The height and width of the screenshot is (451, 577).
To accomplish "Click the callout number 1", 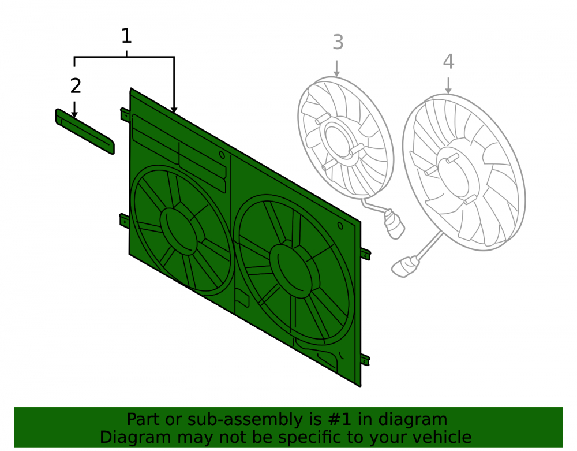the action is [126, 36].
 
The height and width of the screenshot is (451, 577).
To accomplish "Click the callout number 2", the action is [76, 86].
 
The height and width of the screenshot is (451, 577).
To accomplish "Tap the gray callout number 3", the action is [338, 42].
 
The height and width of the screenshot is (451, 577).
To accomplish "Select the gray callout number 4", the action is [448, 61].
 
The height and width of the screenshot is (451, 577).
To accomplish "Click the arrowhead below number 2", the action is [74, 114].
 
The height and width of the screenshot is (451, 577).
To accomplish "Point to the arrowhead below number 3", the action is [336, 73].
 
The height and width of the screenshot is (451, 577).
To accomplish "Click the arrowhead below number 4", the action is [448, 91].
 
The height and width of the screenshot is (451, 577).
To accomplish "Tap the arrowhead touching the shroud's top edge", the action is [174, 110].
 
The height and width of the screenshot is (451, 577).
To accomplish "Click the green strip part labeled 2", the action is [85, 132].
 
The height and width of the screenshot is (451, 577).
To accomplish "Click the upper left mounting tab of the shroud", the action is [125, 114].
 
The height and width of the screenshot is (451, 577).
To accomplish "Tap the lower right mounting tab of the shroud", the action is [365, 360].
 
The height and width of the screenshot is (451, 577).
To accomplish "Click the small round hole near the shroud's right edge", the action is [340, 226].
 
